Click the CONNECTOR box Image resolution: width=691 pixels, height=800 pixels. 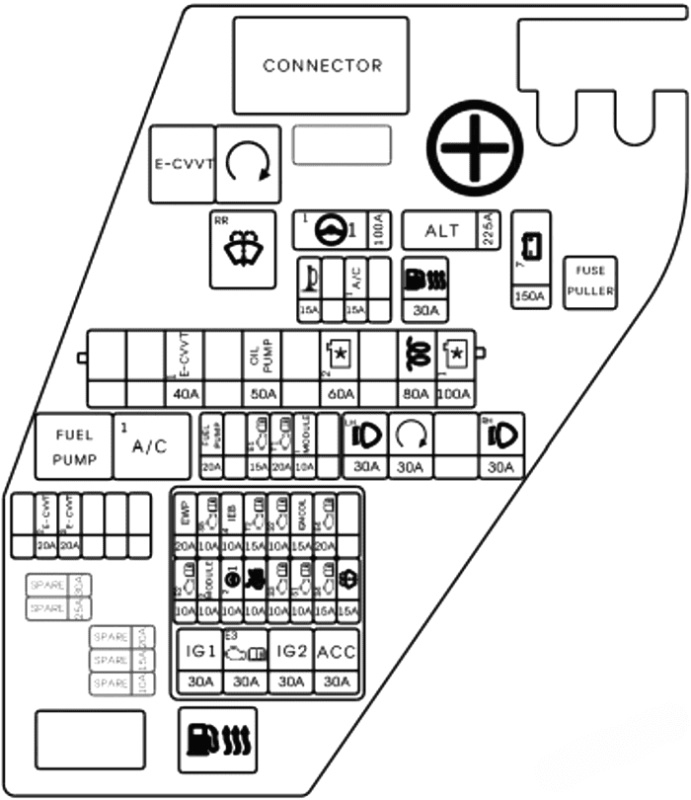(x=321, y=65)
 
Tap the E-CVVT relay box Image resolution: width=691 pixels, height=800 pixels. (x=182, y=165)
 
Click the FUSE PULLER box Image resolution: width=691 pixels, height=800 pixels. (x=589, y=282)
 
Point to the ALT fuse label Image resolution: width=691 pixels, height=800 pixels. (x=441, y=231)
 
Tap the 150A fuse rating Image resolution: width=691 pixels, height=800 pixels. (x=531, y=296)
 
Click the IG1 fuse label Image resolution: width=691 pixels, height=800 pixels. (x=199, y=651)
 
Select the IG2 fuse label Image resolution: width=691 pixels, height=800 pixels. (x=292, y=651)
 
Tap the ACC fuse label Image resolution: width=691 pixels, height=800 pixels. (x=338, y=651)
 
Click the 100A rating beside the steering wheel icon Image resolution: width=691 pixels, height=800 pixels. (x=378, y=231)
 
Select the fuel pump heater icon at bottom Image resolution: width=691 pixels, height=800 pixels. (x=218, y=737)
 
